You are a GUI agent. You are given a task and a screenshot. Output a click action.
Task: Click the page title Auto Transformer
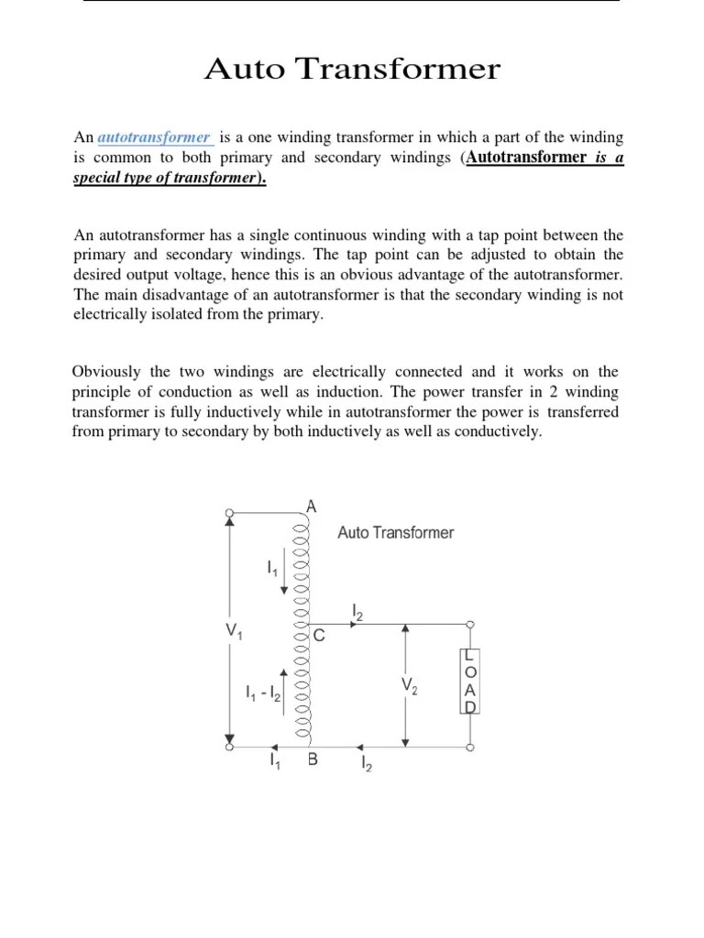[x=352, y=70]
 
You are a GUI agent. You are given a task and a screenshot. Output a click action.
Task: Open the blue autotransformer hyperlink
[x=154, y=137]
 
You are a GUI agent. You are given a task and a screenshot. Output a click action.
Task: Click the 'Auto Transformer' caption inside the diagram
[x=395, y=532]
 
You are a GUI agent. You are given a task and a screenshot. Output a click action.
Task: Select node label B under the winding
[x=313, y=759]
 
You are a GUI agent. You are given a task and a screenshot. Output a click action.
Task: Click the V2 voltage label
[x=409, y=686]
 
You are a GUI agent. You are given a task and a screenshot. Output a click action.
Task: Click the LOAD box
[x=468, y=682]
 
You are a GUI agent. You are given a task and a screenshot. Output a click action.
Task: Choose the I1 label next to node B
[x=274, y=760]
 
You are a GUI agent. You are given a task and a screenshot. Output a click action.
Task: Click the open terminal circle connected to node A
[x=228, y=512]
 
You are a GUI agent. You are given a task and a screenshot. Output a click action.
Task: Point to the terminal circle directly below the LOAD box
[x=468, y=747]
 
